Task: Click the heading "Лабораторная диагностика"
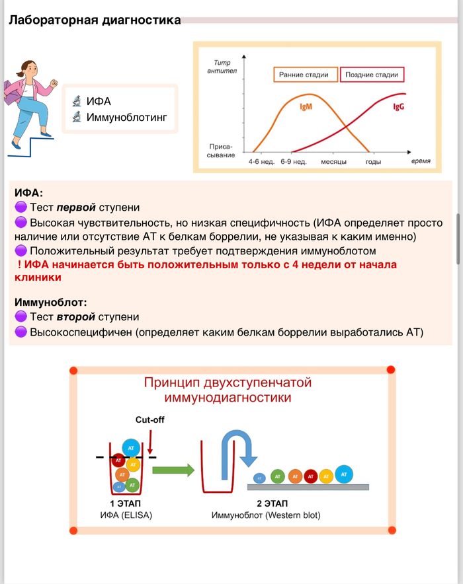coord(95,20)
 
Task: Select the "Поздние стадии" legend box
coord(373,75)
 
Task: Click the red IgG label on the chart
coord(399,106)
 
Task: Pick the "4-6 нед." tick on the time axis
coord(261,161)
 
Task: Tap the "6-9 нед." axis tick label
coord(294,161)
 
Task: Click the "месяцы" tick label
coord(334,161)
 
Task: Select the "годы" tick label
coord(373,161)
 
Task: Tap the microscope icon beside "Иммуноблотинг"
coord(77,118)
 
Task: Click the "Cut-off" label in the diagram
coord(149,420)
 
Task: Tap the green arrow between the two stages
coord(173,470)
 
